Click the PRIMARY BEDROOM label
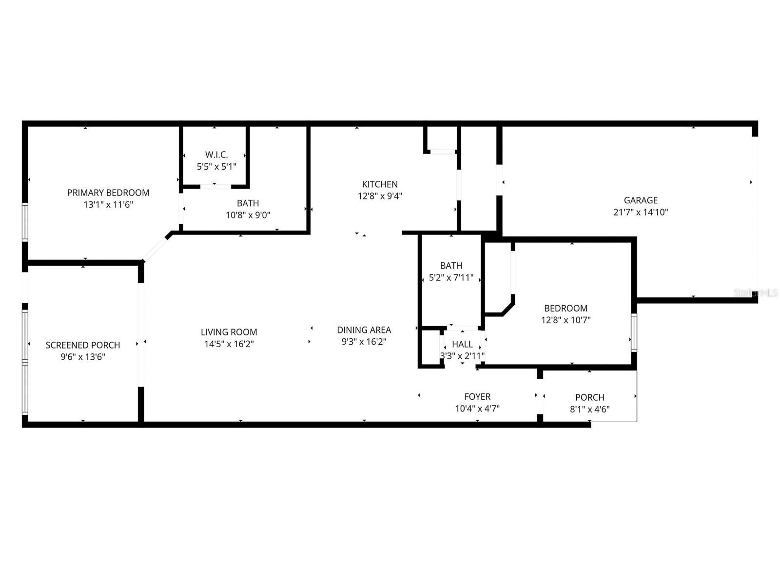pos(108,193)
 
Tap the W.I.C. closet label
pos(216,155)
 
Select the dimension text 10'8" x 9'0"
pos(248,215)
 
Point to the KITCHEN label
pos(379,184)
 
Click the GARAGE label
pos(641,200)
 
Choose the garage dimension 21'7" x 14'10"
pos(641,212)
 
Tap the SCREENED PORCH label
pos(83,345)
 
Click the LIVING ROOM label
pos(229,332)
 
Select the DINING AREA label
pos(364,330)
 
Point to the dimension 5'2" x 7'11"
pos(451,277)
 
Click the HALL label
pos(462,344)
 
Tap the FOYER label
pos(477,396)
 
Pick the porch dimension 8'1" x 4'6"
pos(589,409)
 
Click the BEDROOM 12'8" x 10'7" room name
pos(565,308)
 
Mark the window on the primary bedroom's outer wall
pos(25,222)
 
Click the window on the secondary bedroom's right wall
pos(634,333)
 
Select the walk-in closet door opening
pos(215,186)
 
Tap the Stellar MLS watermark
pos(756,293)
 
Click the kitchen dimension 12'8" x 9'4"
pos(379,196)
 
